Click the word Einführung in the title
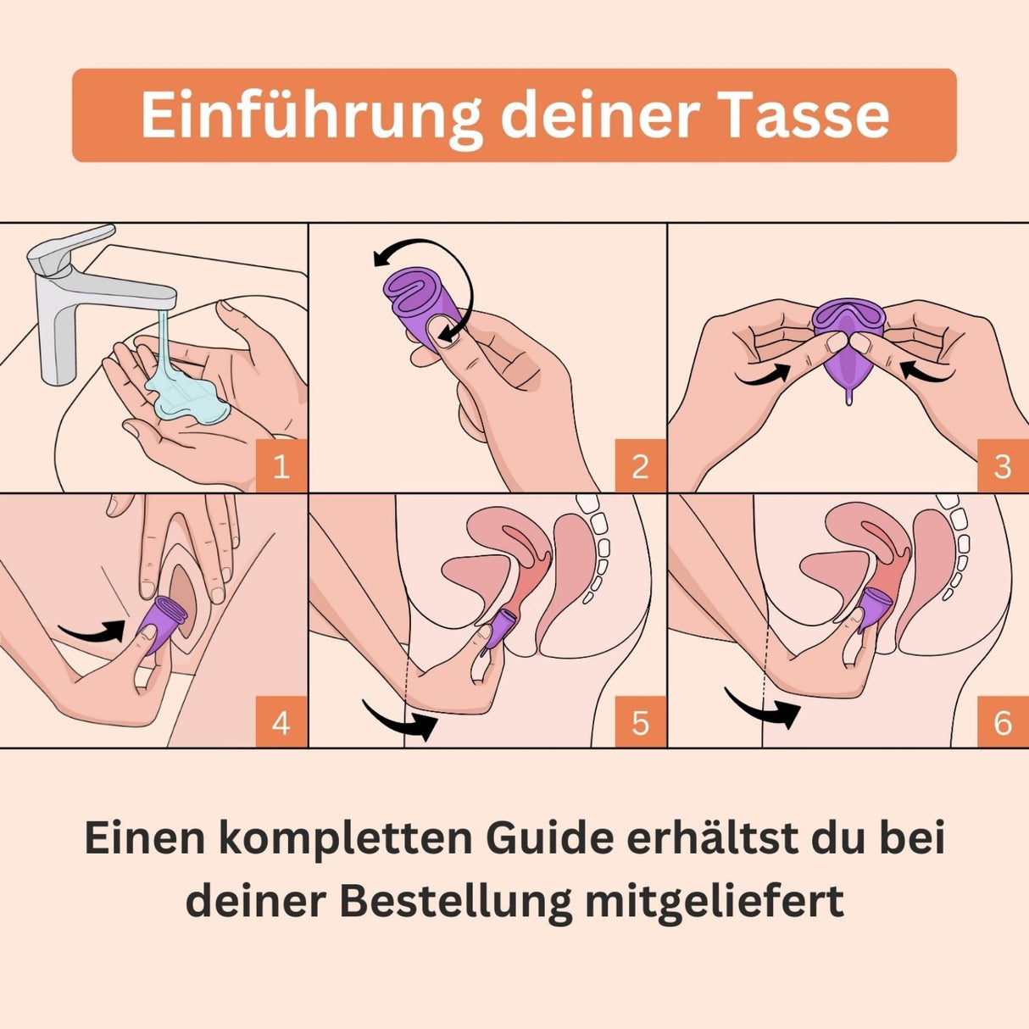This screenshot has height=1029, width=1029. click(311, 115)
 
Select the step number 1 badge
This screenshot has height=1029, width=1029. click(281, 466)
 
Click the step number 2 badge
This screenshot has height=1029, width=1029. click(640, 466)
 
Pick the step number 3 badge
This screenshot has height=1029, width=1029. click(1003, 466)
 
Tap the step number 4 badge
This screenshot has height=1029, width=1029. click(281, 722)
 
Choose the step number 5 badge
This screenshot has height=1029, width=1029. click(640, 722)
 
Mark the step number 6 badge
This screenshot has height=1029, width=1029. click(1003, 722)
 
